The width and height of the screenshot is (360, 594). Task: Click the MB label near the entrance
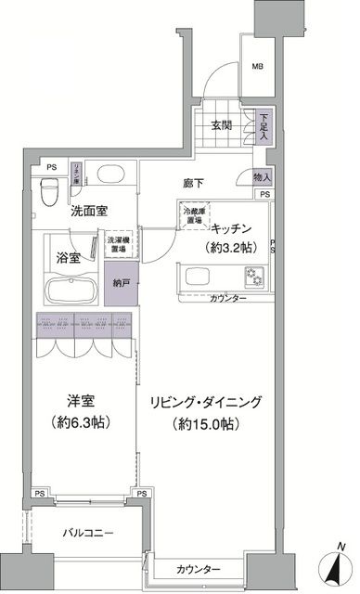pos(257,66)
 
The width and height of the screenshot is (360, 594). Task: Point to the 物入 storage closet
pos(261,176)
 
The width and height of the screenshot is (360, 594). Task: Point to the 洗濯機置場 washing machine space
pos(119,242)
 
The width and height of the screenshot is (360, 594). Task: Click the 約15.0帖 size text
pos(207,425)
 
